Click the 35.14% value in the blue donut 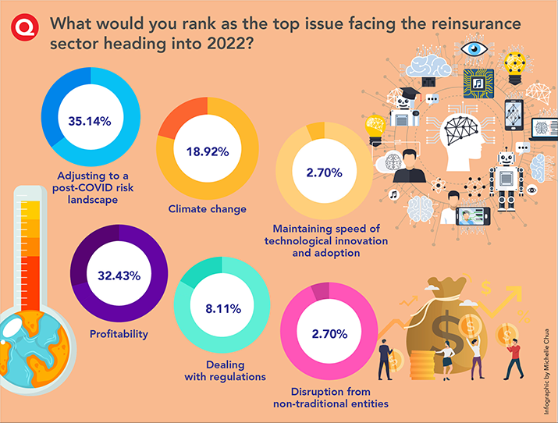click(x=89, y=121)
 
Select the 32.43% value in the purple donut click(x=119, y=275)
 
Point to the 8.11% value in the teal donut click(x=222, y=309)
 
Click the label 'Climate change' click(x=208, y=209)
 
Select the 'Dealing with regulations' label click(x=225, y=370)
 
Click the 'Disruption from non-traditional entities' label click(x=331, y=397)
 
